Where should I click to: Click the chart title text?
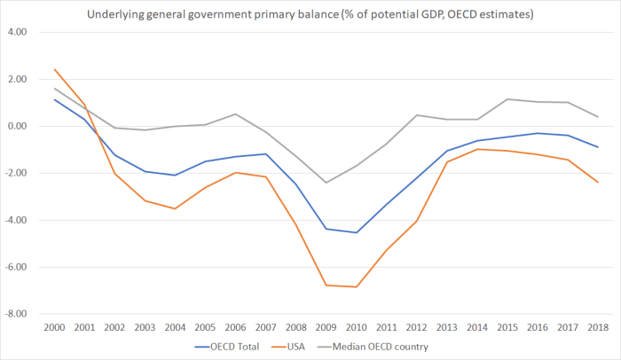point(310,14)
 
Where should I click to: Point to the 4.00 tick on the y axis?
point(18,32)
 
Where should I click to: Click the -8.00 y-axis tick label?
point(17,314)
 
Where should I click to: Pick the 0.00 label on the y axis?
point(18,126)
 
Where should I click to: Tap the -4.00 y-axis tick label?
point(17,220)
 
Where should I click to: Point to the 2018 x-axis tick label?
point(598,327)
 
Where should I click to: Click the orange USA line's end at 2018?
point(598,183)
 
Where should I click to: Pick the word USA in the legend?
point(298,347)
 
